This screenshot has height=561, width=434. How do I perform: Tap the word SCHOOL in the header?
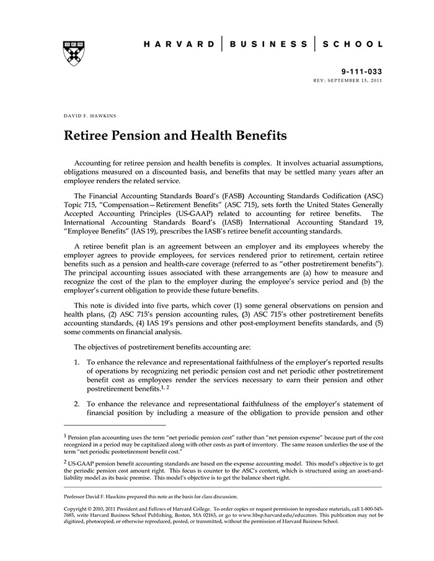(353, 45)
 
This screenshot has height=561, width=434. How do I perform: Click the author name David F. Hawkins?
(89, 116)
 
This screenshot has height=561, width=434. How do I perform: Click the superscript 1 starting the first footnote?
(65, 435)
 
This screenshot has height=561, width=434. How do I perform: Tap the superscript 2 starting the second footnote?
(65, 461)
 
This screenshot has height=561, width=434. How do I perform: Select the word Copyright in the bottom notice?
(77, 509)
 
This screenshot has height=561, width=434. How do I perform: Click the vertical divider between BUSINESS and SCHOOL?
(316, 45)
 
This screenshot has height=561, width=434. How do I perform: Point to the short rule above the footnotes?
(115, 425)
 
